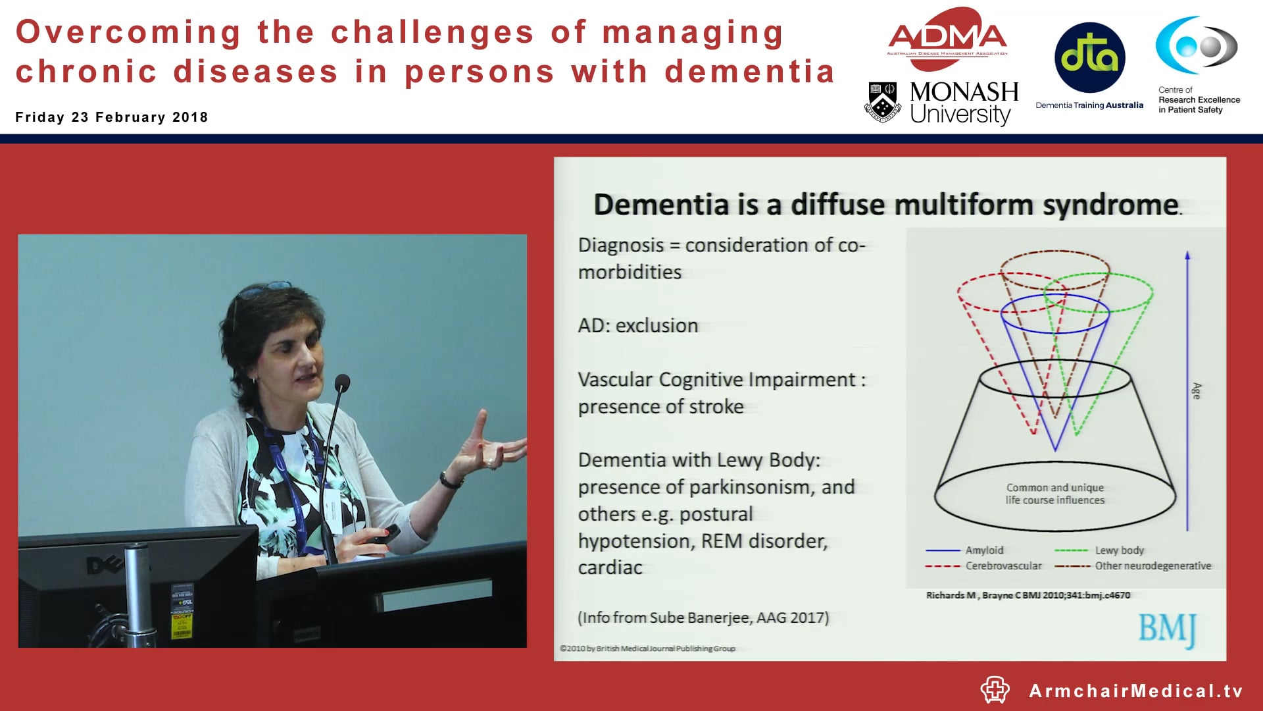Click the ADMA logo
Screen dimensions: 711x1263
point(947,38)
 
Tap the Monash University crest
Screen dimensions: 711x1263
point(882,102)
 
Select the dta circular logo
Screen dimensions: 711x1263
point(1089,57)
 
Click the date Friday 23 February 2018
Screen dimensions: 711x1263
point(112,117)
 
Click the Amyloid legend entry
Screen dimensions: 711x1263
point(984,550)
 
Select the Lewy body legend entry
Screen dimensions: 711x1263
point(1119,550)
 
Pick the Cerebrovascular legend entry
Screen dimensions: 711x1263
point(1003,566)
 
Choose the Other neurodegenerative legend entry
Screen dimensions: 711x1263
point(1152,566)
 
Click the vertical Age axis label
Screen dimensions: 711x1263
point(1197,390)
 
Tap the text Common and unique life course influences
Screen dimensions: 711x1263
point(1054,494)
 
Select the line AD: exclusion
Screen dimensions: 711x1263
point(637,325)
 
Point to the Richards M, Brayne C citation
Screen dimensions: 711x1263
point(1028,595)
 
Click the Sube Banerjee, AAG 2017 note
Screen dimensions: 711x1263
point(703,618)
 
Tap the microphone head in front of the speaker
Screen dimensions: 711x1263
point(342,382)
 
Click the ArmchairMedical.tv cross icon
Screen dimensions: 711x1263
point(995,690)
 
